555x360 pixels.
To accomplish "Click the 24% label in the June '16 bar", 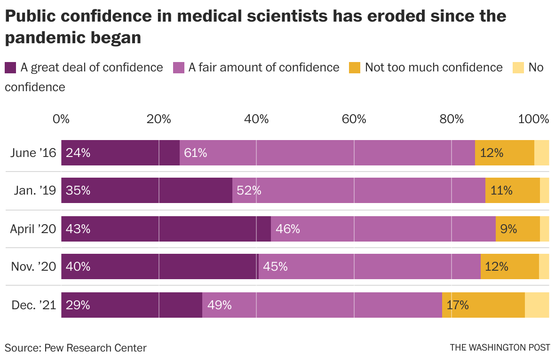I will pyautogui.click(x=78, y=153).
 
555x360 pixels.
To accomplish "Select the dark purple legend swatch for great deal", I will pyautogui.click(x=10, y=68).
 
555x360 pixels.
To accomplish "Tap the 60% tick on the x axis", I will pyautogui.click(x=354, y=119).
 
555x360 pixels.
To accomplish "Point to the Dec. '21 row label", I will pyautogui.click(x=34, y=305).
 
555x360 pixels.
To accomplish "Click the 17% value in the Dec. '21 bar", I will pyautogui.click(x=458, y=305).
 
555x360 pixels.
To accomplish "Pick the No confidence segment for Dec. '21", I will pyautogui.click(x=537, y=305).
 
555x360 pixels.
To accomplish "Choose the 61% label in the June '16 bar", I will pyautogui.click(x=196, y=153).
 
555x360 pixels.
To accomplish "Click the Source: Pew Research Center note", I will pyautogui.click(x=76, y=348).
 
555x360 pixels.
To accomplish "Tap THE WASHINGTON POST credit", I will pyautogui.click(x=500, y=348).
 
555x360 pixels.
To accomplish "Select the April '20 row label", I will pyautogui.click(x=33, y=229).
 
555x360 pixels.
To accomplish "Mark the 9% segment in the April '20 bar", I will pyautogui.click(x=517, y=229).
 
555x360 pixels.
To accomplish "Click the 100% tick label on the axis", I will pyautogui.click(x=533, y=119).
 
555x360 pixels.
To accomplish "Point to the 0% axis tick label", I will pyautogui.click(x=61, y=119).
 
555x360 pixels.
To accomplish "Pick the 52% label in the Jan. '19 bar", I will pyautogui.click(x=249, y=191).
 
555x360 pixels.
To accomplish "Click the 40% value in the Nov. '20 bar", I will pyautogui.click(x=78, y=267).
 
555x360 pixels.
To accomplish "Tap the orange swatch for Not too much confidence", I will pyautogui.click(x=355, y=68).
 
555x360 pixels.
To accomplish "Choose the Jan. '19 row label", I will pyautogui.click(x=35, y=191).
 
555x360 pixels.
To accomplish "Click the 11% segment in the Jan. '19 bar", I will pyautogui.click(x=512, y=191).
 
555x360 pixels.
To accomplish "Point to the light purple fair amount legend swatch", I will pyautogui.click(x=179, y=68).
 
